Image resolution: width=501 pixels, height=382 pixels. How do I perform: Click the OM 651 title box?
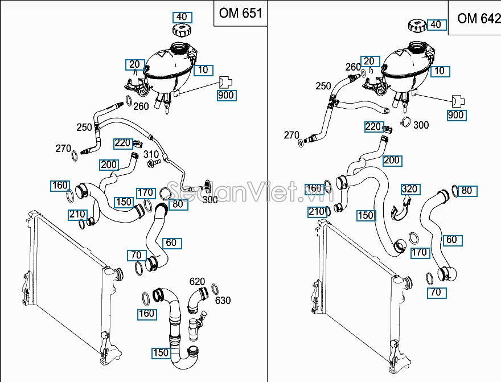pos(240,13)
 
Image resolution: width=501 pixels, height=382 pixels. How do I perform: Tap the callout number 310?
pos(151,154)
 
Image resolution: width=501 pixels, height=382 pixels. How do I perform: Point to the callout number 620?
pos(197,281)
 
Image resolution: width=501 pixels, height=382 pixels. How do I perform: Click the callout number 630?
pos(223,300)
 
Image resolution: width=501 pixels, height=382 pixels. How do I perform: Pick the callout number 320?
pos(409,189)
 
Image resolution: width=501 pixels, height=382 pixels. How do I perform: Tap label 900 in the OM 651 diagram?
pos(226,95)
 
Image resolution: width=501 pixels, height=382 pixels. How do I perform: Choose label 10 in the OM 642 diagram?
pos(439,71)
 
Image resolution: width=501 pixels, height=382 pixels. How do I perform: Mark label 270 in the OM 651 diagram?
pos(64,149)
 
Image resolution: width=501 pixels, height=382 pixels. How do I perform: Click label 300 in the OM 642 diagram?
pos(421,125)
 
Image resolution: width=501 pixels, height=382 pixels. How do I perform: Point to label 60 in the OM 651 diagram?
pos(171,243)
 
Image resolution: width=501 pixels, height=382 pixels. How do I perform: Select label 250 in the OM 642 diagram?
pos(323,86)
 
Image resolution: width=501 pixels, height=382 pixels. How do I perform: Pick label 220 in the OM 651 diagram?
pos(122,143)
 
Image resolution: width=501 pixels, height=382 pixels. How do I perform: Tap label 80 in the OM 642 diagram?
pos(467,191)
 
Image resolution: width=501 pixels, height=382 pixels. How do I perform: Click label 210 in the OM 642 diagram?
pos(317,212)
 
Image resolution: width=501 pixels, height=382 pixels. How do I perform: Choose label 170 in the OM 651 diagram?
pos(146,193)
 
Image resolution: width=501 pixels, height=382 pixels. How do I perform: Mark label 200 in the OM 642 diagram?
pos(392,161)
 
